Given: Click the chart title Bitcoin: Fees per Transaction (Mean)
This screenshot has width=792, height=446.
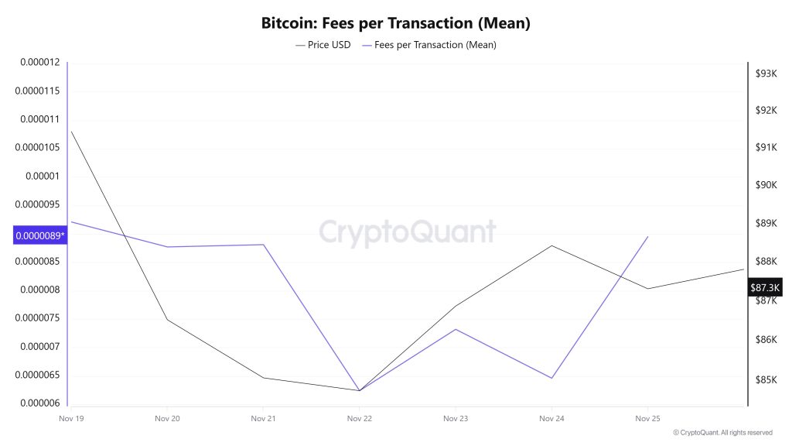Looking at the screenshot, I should coord(395,23).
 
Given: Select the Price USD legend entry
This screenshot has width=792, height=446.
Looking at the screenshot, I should coord(323,45).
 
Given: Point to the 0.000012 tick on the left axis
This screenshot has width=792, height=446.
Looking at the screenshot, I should coord(39,62).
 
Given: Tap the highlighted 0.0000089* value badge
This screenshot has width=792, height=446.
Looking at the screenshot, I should coord(40,235).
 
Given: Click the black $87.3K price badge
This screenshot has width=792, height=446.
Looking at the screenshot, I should coord(766,288).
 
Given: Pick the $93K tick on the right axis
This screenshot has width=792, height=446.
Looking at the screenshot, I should coord(766,74).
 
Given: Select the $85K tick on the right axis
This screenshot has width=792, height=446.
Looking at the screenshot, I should coord(766,379).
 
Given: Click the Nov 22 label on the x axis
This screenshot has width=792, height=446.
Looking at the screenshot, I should coord(360,418).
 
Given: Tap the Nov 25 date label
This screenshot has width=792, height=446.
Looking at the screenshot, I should coord(647,418).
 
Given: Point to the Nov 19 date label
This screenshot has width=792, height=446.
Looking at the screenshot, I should coord(71,418).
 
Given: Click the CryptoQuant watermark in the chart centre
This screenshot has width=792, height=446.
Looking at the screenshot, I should coord(407,232).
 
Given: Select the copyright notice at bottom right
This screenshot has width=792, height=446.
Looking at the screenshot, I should coord(722,433).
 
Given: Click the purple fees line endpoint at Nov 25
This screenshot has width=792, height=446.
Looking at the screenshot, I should coord(647,237).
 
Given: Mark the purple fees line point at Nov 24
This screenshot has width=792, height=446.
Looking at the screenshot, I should coord(551,378).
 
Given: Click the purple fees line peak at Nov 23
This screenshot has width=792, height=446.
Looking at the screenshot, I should coord(456,329).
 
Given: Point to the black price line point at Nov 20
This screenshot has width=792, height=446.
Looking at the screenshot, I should coord(167,320).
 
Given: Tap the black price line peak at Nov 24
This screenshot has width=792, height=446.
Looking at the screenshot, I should coord(551,245).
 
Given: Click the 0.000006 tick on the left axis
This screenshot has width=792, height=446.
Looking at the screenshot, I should coord(39,403).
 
